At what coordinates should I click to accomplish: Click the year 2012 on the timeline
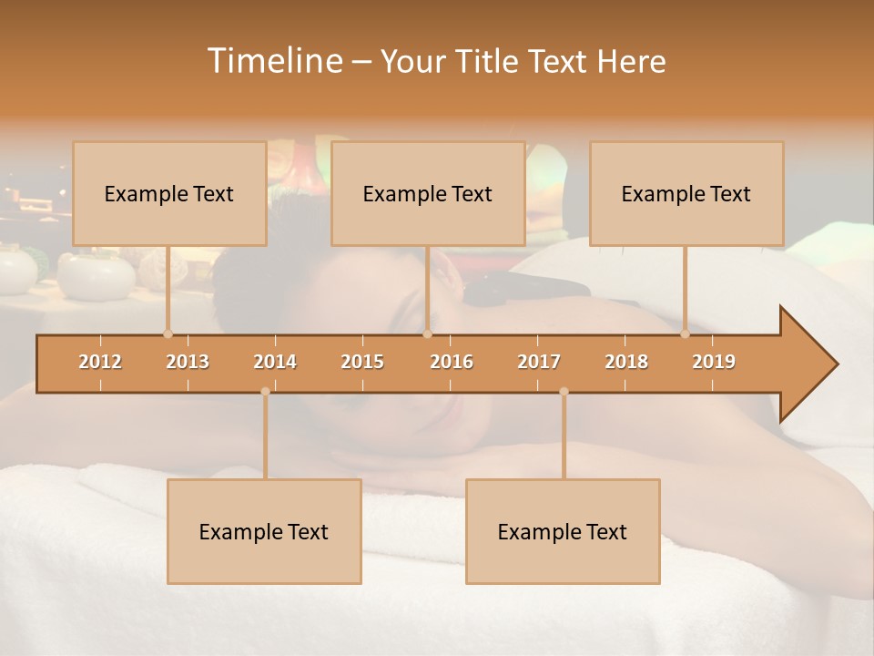click(x=100, y=362)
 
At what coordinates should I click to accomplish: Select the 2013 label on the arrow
click(x=188, y=362)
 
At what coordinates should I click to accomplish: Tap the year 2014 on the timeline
click(x=275, y=362)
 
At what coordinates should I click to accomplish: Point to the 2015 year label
click(x=362, y=362)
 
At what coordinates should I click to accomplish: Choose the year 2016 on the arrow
click(x=452, y=362)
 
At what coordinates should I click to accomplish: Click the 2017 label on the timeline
click(x=539, y=362)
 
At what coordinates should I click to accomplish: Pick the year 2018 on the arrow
click(x=626, y=362)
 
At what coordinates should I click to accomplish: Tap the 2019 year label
click(x=714, y=362)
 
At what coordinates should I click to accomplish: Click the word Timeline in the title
click(x=273, y=61)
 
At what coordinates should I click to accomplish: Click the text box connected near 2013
click(x=169, y=193)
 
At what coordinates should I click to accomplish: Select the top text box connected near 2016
click(x=428, y=193)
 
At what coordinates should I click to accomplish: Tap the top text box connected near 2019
click(x=686, y=193)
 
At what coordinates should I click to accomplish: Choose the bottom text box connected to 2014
click(x=264, y=531)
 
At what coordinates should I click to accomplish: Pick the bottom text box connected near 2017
click(x=563, y=531)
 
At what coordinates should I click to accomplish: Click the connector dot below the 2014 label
click(x=265, y=392)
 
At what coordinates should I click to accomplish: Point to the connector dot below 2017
click(x=564, y=392)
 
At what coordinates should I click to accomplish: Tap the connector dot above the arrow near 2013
click(x=168, y=334)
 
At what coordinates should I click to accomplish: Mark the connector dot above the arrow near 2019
click(x=685, y=334)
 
